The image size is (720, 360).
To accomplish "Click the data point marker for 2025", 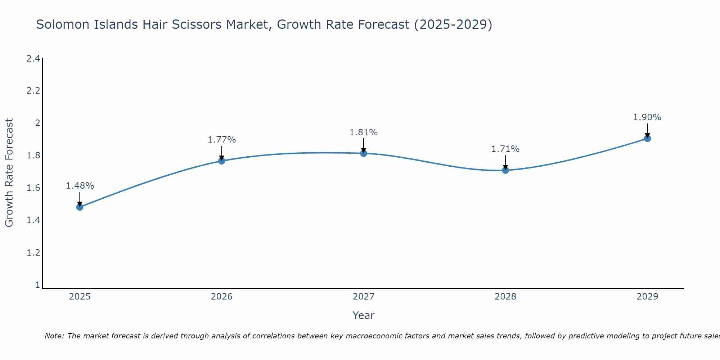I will coord(80,207).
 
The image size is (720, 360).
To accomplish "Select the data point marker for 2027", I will coord(364,153).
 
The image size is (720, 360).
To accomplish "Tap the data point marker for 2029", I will coord(647,139).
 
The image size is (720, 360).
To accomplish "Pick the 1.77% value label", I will coord(222,140).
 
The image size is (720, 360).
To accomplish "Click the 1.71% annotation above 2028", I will coord(505,149).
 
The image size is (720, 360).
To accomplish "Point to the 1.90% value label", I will coord(647,117).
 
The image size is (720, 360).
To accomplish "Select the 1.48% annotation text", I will coord(80,186).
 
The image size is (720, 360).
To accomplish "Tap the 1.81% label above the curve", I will coord(364,132).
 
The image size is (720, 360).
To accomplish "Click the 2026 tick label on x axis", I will coord(222,297).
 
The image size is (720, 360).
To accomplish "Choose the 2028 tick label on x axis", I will coord(505,297).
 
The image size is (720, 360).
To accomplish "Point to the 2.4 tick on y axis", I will coord(33,58).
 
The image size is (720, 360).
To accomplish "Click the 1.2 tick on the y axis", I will coord(33,253).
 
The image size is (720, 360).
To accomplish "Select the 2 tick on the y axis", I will coord(37,123).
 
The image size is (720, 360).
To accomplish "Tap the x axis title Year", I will coord(364,315).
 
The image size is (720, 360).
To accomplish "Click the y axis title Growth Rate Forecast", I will coord(9,173).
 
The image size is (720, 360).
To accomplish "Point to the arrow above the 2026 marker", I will coord(222,153).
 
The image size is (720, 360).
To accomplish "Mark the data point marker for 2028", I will coord(505,170).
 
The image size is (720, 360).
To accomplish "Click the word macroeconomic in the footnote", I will coord(372,336).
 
